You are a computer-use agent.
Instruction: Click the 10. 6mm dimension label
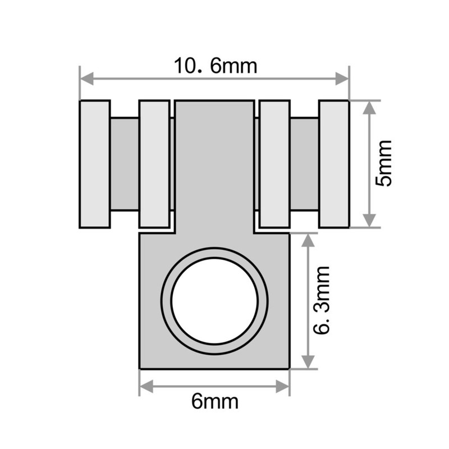coord(215,66)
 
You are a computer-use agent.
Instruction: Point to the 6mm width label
coord(215,402)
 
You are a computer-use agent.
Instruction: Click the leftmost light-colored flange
coord(94,164)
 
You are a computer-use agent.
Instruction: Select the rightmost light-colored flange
coord(334,164)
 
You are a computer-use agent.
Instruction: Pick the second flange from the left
coord(154,164)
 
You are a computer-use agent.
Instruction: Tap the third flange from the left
coord(274,164)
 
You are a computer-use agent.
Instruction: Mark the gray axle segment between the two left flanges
coord(124,164)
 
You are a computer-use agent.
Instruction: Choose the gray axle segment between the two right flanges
coord(304,164)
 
